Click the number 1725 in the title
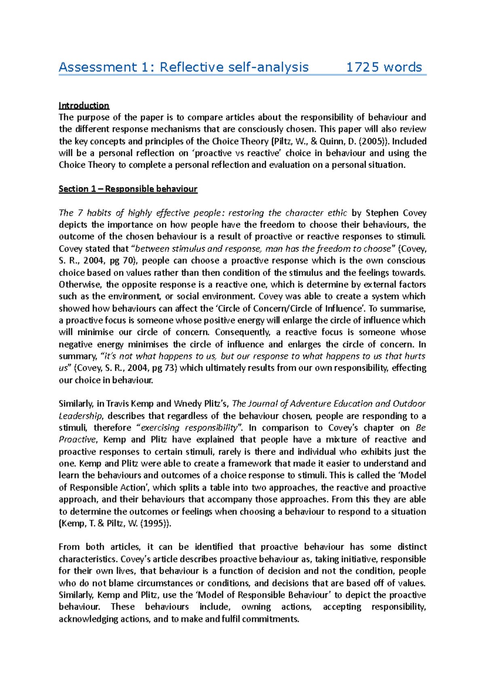(363, 67)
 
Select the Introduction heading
(84, 106)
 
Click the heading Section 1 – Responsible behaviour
(128, 189)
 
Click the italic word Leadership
(80, 416)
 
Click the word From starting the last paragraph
(69, 547)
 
